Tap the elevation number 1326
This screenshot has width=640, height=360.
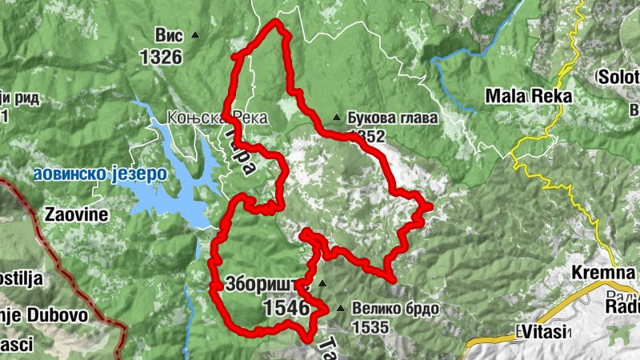(161, 57)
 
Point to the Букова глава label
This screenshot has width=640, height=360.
(393, 118)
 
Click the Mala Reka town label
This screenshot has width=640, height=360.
(530, 97)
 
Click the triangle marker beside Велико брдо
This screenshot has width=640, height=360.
(342, 308)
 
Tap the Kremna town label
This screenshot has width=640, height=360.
(603, 273)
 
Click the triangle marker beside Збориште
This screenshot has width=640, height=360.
(322, 283)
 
